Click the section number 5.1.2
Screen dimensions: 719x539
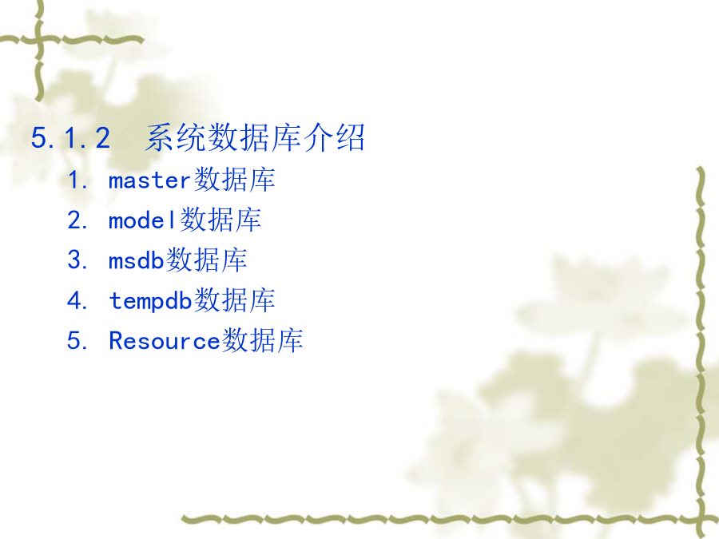[x=70, y=138]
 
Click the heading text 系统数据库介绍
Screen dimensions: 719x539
[x=255, y=137]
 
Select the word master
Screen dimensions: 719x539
[x=149, y=180]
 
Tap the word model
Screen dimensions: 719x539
[x=142, y=220]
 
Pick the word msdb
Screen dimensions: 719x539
[x=136, y=261]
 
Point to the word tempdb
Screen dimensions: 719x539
[x=150, y=302]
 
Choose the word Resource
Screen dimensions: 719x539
[x=165, y=341]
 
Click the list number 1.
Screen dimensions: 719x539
[x=77, y=180]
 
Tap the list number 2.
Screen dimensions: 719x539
[x=77, y=220]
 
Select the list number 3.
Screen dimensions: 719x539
[x=77, y=260]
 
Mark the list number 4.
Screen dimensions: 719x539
[x=77, y=301]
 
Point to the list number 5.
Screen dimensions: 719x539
[x=77, y=340]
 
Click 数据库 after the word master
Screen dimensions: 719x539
[x=234, y=179]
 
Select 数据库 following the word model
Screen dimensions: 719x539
[x=220, y=220]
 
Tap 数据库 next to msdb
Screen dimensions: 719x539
[x=206, y=260]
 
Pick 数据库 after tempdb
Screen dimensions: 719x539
[x=234, y=301]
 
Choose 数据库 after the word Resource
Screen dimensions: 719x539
[x=262, y=340]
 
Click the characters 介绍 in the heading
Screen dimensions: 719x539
[x=334, y=137]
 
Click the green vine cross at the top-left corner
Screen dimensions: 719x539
[x=39, y=41]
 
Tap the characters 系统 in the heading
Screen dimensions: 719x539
[x=176, y=137]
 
